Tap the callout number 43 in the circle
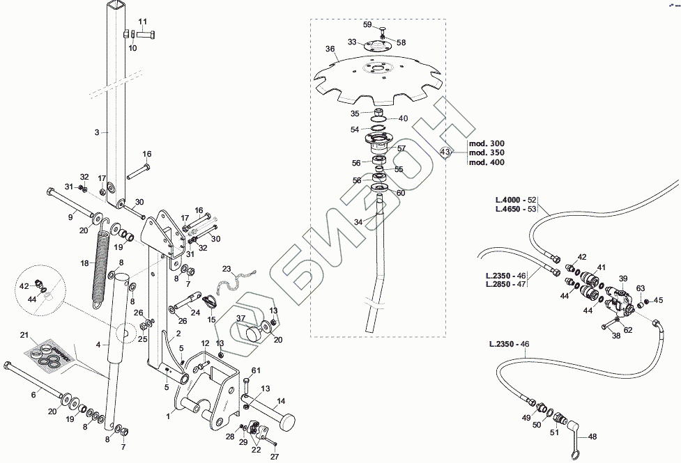(x=445, y=152)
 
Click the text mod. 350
(x=487, y=152)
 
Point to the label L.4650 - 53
(x=516, y=209)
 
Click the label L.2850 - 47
(x=506, y=285)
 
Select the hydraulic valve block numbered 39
(x=620, y=300)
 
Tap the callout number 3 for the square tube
(x=97, y=132)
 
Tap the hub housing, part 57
(x=379, y=144)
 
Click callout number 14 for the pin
(x=281, y=401)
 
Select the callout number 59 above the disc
(x=368, y=25)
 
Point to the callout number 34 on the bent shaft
(x=358, y=222)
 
